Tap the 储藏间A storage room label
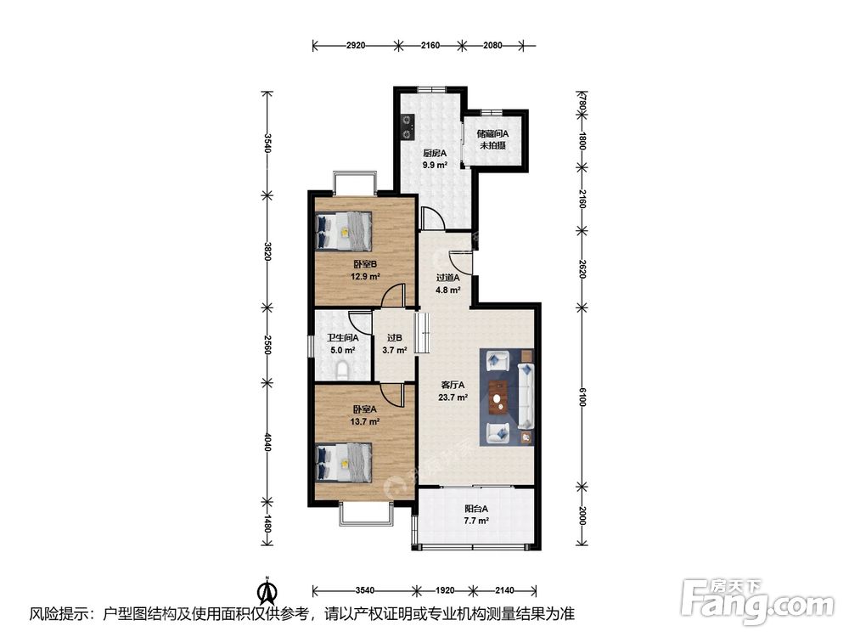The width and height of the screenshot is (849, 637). [x=492, y=133]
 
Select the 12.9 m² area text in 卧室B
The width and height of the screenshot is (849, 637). [x=365, y=276]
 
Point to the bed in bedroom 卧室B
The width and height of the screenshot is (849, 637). [x=345, y=231]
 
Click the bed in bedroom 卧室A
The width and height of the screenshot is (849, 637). [x=345, y=463]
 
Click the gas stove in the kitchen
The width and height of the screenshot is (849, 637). [x=407, y=127]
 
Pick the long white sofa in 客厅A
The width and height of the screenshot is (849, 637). [x=526, y=395]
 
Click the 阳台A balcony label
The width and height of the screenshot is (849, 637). [x=476, y=509]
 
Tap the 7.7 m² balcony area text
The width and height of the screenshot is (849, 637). [x=476, y=521]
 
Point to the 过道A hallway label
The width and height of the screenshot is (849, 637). [x=448, y=278]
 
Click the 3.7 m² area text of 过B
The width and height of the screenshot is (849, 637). [x=395, y=351]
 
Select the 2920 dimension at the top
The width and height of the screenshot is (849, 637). [x=356, y=46]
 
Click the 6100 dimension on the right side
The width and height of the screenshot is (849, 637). [x=582, y=400]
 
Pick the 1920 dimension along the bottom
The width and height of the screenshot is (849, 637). [x=445, y=590]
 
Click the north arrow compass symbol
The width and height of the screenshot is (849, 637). [x=267, y=591]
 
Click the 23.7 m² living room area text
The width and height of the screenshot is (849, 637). [x=453, y=397]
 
